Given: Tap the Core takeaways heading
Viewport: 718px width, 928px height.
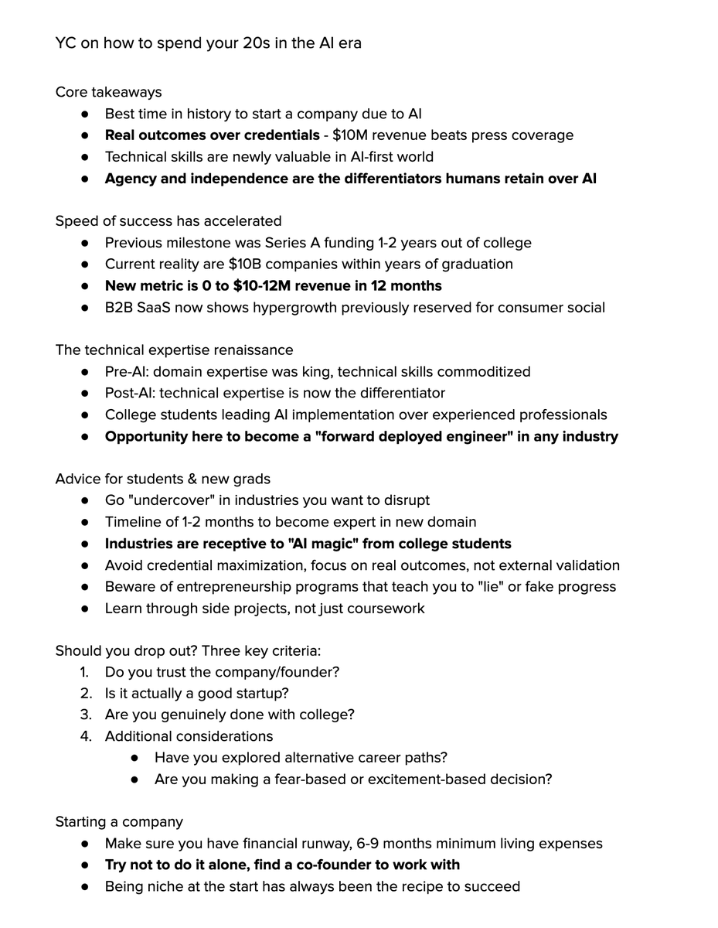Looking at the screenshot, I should pos(108,92).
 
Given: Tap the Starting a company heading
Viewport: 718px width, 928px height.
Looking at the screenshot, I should pos(119,822).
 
